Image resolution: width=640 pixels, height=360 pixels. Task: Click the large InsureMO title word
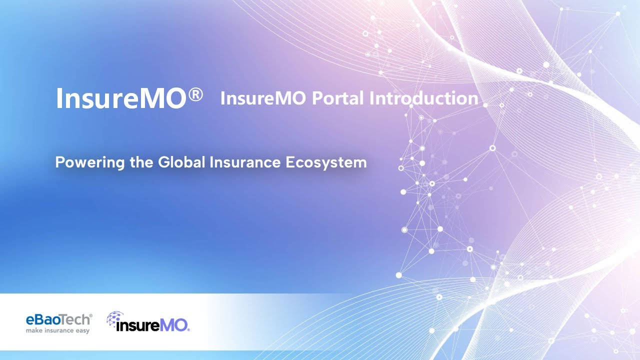point(120,98)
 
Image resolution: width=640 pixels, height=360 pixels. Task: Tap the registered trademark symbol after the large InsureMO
point(196,94)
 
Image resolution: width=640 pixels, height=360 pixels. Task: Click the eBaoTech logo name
point(58,319)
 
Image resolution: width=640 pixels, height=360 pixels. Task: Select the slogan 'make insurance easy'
point(57,330)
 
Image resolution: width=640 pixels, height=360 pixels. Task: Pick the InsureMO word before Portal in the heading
point(263,98)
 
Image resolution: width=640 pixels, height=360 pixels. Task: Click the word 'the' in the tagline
point(142,162)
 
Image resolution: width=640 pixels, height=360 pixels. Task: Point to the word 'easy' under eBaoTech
point(81,330)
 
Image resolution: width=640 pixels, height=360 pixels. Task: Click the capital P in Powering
point(59,162)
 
